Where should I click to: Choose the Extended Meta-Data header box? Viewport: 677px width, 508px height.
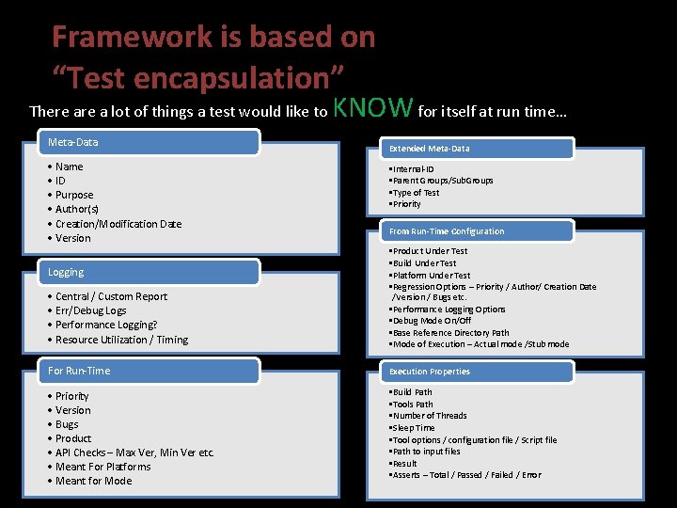pos(469,149)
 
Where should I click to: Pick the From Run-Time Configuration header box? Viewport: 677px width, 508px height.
pos(469,231)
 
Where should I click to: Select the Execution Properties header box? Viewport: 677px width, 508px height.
pos(469,372)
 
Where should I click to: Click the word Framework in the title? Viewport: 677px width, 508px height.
pos(133,38)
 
